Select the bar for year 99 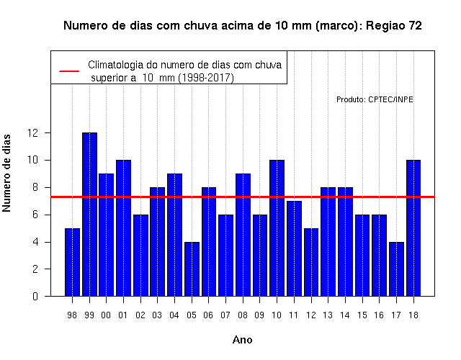[x=89, y=215]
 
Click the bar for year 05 [x=192, y=269]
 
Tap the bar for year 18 [x=413, y=228]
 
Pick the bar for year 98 [x=72, y=262]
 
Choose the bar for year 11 [x=295, y=248]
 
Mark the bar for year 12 [x=311, y=262]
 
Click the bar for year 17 [x=396, y=269]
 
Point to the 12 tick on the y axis [x=48, y=132]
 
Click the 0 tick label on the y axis [x=35, y=296]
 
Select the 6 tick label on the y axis [x=35, y=215]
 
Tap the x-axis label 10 [x=277, y=315]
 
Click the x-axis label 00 [x=106, y=315]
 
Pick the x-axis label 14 [x=345, y=315]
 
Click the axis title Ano [x=243, y=340]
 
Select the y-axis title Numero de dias [x=6, y=173]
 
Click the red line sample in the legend [x=69, y=71]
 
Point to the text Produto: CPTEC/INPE [x=375, y=99]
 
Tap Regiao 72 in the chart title [x=394, y=26]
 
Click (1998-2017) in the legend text [x=206, y=78]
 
